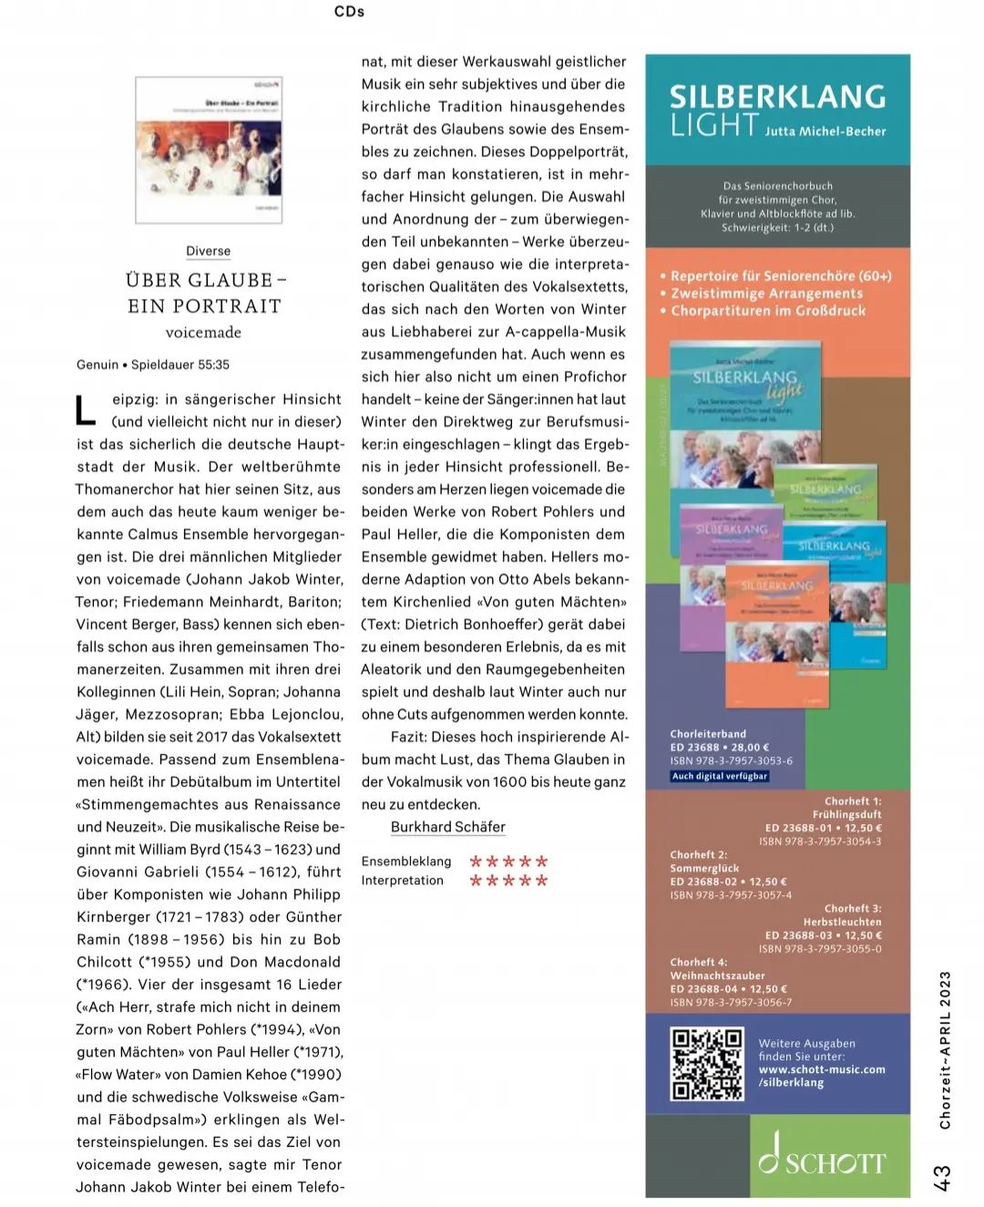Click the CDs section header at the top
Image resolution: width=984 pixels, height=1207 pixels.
(349, 12)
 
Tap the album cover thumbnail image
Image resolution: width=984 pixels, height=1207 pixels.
(209, 150)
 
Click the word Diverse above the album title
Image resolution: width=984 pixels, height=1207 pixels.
(208, 251)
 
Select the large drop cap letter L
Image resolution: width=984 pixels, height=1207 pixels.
(85, 410)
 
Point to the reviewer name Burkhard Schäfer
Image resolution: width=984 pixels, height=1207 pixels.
(447, 827)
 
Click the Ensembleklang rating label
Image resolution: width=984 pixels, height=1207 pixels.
(406, 861)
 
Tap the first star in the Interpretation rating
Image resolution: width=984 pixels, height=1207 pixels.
(476, 881)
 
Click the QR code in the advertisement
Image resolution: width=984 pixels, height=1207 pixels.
(707, 1064)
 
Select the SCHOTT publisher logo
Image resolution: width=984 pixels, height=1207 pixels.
(822, 1155)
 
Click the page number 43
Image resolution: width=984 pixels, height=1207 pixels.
(943, 1176)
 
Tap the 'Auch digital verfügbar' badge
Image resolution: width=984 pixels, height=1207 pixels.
(720, 776)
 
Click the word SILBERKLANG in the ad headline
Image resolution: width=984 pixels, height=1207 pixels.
(777, 97)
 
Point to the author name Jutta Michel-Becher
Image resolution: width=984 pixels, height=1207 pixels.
(825, 131)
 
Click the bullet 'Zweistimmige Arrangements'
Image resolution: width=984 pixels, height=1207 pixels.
(766, 294)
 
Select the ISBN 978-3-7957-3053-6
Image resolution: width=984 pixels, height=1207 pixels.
(732, 760)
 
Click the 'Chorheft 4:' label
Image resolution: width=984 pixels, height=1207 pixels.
(699, 962)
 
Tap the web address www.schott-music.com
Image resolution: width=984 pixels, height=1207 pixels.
(822, 1069)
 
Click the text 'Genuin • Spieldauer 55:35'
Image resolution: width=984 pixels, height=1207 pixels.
(153, 365)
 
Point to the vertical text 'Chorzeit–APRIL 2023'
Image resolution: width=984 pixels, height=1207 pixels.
(945, 1049)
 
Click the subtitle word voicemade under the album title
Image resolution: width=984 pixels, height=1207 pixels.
(204, 333)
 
